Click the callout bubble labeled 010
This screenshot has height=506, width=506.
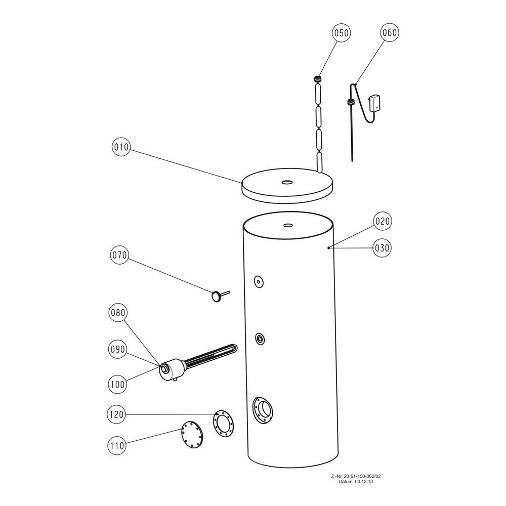[121, 147]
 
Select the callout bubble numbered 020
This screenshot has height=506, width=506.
[383, 221]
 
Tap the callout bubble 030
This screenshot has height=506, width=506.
[382, 248]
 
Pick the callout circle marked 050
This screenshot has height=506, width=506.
[341, 33]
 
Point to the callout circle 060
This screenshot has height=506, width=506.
[390, 32]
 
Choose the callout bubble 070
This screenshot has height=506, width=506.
[119, 255]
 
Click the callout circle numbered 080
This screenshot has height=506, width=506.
[118, 313]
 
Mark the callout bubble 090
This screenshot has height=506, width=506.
[117, 349]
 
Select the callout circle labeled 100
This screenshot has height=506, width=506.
[117, 385]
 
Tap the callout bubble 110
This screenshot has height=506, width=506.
[116, 446]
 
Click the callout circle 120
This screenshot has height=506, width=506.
[116, 414]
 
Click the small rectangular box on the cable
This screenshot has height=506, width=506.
[375, 103]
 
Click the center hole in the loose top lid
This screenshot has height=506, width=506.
[286, 182]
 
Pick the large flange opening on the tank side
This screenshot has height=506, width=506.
[263, 410]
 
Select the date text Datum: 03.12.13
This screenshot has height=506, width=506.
[356, 482]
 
